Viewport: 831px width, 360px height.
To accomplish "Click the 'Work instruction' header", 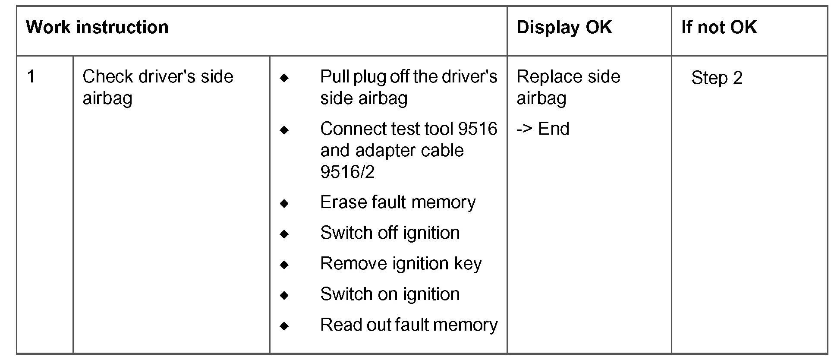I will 97,28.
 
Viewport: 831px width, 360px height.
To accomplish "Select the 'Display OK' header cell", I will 563,28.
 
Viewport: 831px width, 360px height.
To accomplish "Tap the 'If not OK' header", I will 718,28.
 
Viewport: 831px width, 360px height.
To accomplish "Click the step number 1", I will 31,77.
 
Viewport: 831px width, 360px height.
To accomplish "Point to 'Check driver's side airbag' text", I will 157,87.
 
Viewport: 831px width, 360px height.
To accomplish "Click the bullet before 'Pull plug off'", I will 284,78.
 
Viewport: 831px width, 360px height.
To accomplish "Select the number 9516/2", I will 347,172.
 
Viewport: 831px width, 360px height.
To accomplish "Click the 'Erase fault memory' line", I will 397,202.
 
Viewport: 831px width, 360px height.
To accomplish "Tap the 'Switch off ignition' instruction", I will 390,233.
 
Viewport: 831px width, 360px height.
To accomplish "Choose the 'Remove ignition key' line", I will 400,264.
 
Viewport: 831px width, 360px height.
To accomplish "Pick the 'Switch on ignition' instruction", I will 390,294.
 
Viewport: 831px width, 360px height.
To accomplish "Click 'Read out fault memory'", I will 409,325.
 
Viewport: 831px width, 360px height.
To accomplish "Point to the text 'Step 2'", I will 717,78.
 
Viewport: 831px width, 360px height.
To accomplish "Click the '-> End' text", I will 543,129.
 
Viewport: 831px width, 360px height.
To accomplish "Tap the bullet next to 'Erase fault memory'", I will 284,203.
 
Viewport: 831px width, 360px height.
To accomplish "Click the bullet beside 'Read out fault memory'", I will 284,326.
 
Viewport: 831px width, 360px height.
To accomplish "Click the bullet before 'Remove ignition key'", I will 284,265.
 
